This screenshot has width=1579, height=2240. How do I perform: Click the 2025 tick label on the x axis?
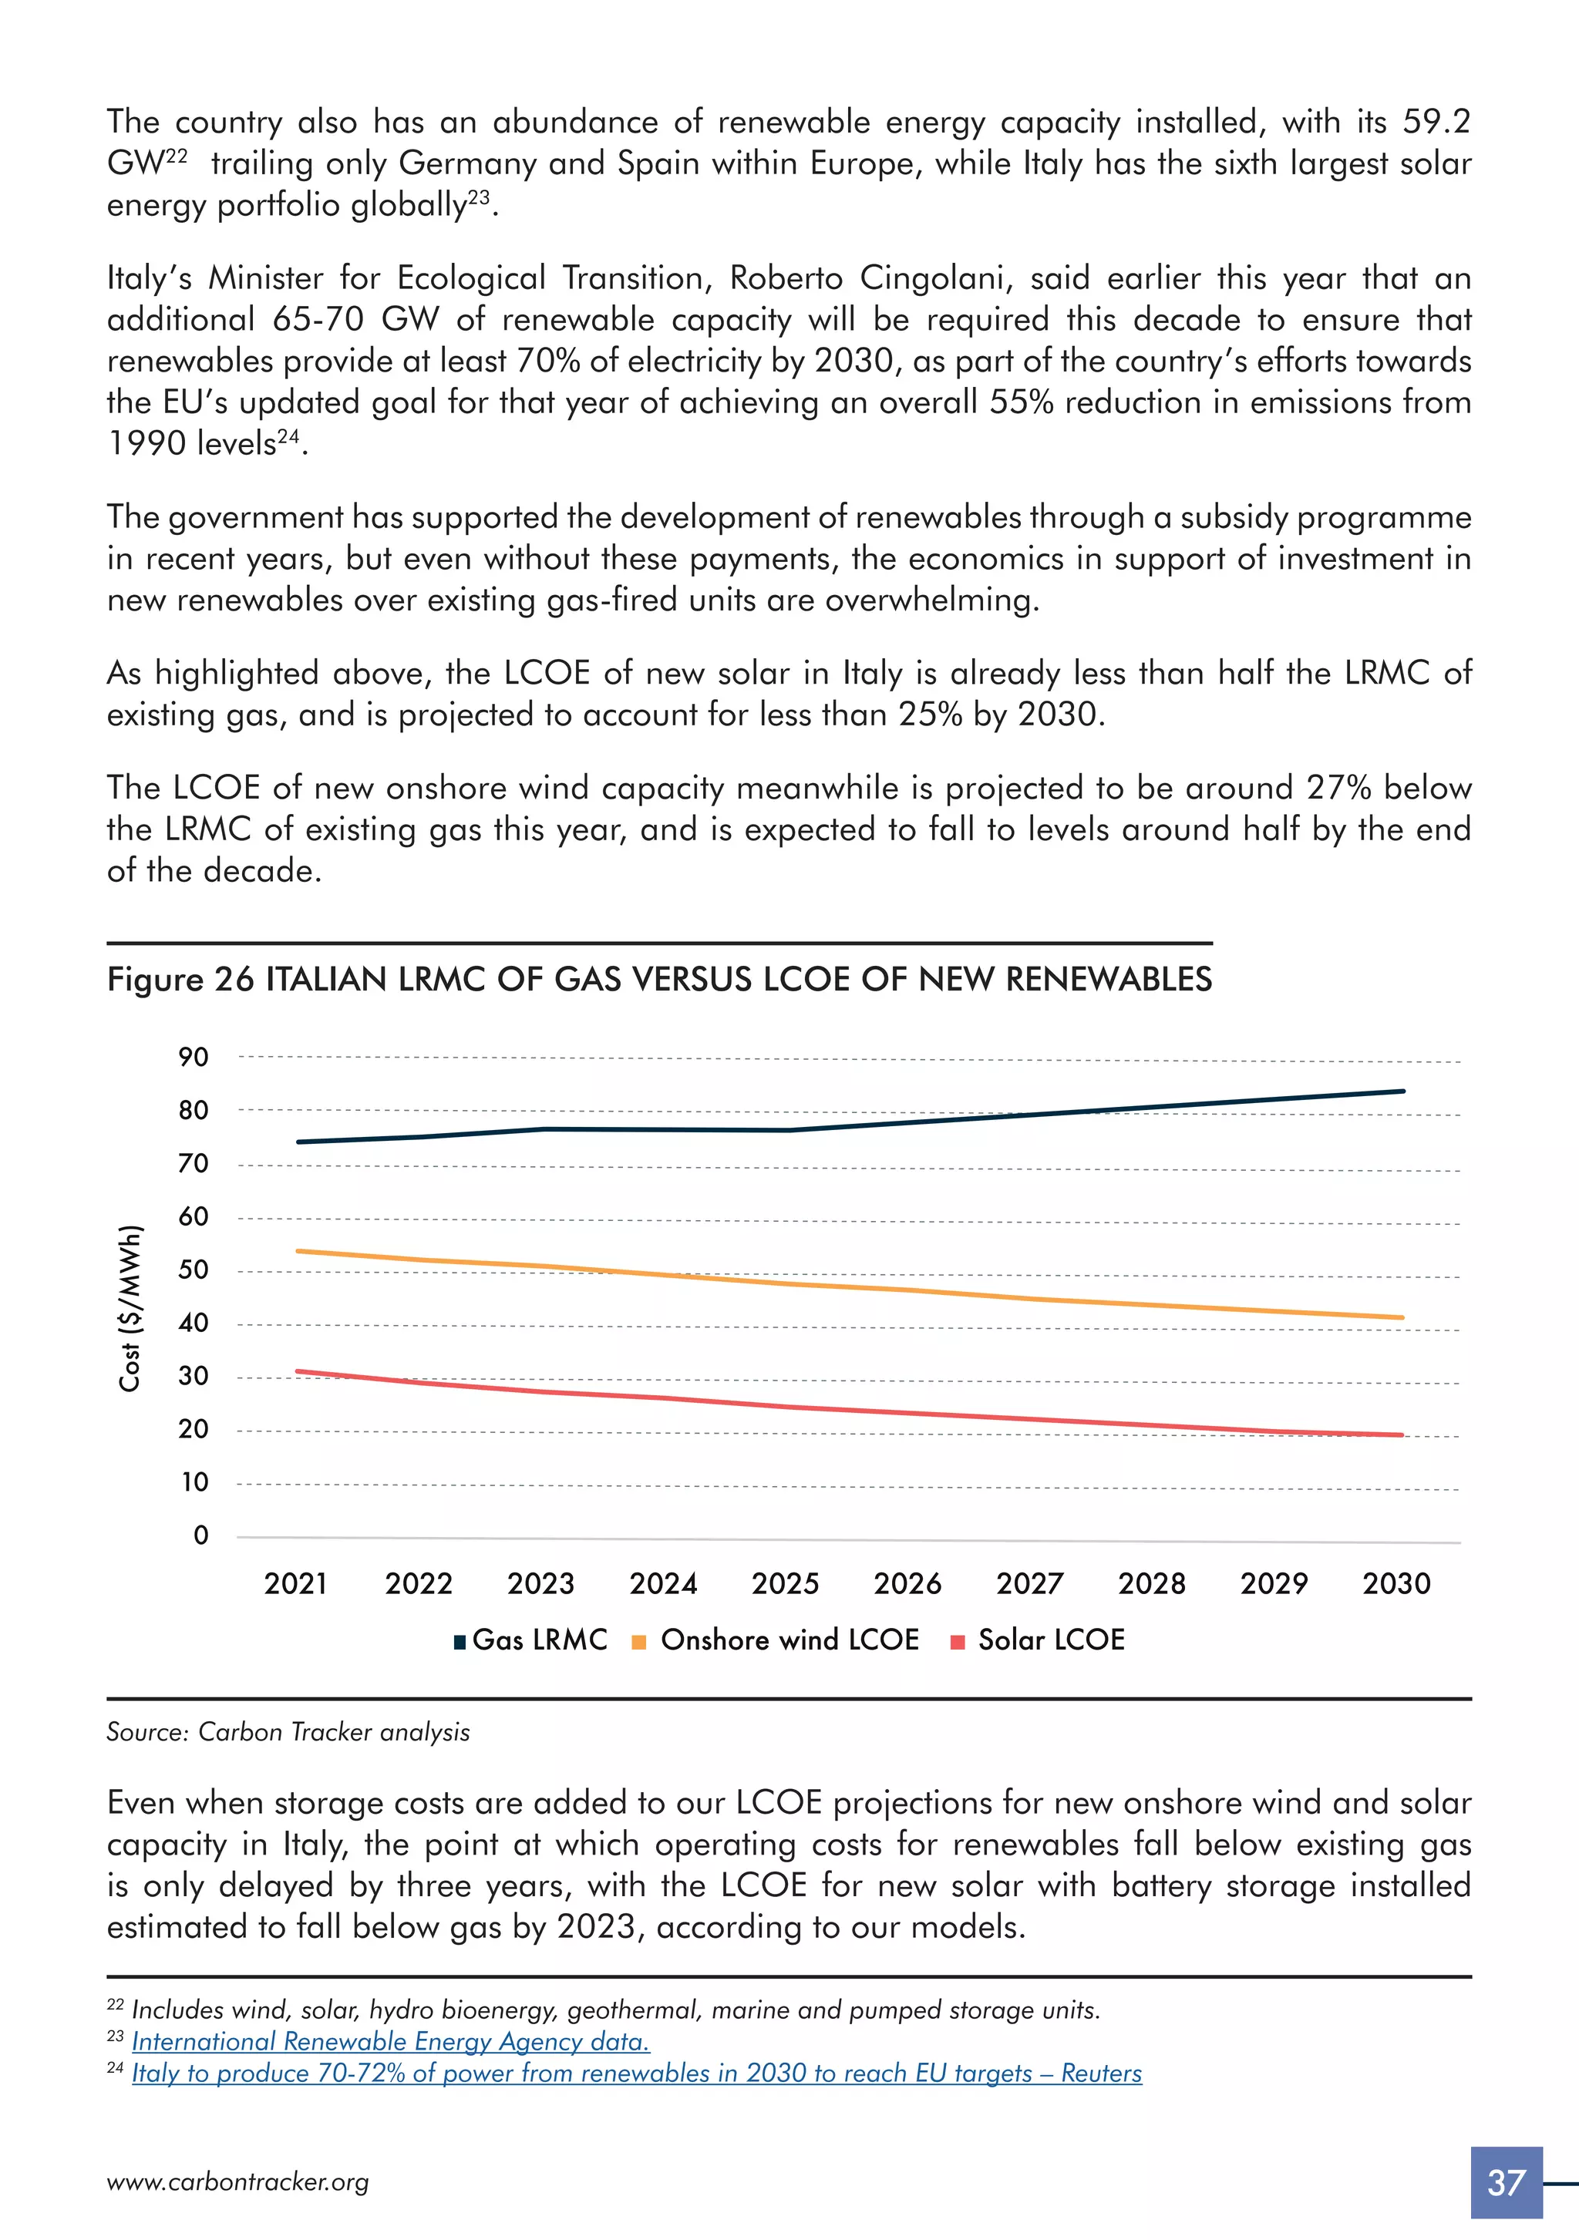pyautogui.click(x=785, y=1582)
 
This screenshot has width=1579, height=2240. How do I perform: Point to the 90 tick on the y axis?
pyautogui.click(x=194, y=1058)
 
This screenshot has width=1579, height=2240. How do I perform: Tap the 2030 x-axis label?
pyautogui.click(x=1396, y=1582)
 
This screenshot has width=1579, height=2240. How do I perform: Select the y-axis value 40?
pyautogui.click(x=194, y=1323)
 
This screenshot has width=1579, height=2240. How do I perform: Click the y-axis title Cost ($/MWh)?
pyautogui.click(x=130, y=1308)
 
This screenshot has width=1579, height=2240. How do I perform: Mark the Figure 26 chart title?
pyautogui.click(x=658, y=978)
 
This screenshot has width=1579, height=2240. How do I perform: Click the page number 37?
pyautogui.click(x=1506, y=2182)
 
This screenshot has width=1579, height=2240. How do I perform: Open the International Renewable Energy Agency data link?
pyautogui.click(x=390, y=2042)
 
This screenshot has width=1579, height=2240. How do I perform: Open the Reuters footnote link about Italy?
pyautogui.click(x=636, y=2074)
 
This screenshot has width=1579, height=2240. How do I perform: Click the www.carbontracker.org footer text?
pyautogui.click(x=238, y=2182)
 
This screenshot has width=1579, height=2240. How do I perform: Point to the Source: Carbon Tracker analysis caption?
pyautogui.click(x=288, y=1732)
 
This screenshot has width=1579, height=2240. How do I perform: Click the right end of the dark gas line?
pyautogui.click(x=1402, y=1091)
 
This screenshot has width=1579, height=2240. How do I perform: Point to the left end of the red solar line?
pyautogui.click(x=298, y=1372)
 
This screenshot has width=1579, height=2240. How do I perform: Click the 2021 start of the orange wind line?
pyautogui.click(x=298, y=1251)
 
